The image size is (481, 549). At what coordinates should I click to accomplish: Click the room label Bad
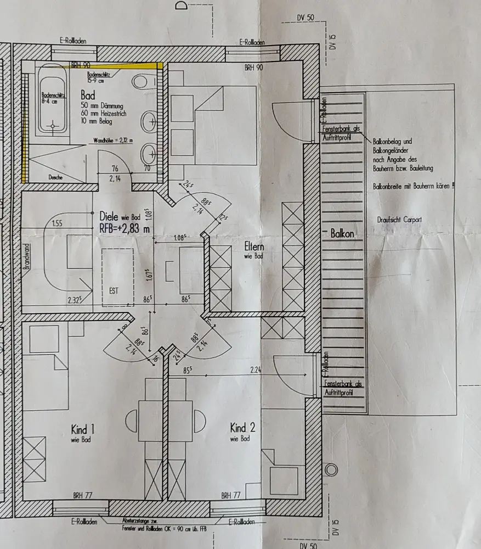point(87,94)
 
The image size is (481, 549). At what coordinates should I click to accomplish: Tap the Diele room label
point(109,217)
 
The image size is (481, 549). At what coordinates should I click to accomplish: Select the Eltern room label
point(254,248)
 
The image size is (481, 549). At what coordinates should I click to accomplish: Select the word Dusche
point(55,178)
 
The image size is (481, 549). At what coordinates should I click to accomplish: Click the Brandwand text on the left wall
point(25,256)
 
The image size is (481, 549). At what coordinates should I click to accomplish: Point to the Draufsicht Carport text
point(399,220)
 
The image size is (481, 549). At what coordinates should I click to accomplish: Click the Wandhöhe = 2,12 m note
point(114,140)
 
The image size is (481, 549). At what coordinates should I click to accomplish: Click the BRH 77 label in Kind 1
point(82,495)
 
